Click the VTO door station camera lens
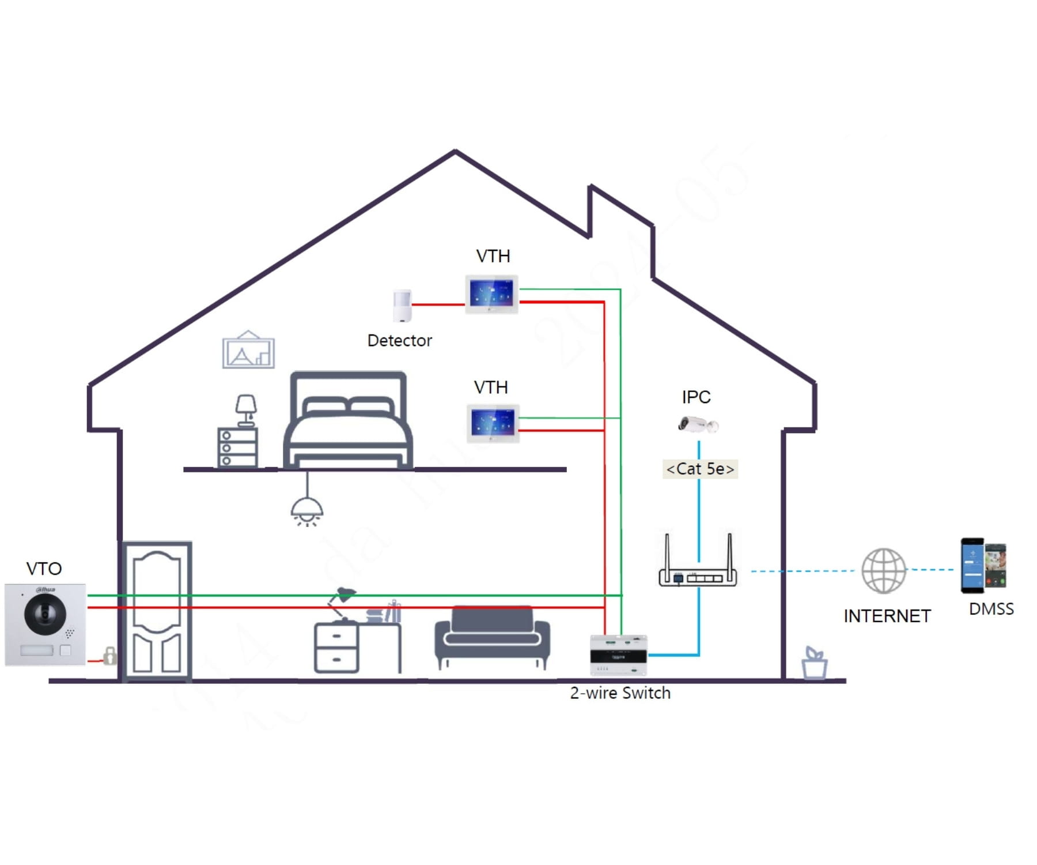[45, 614]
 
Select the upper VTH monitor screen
[491, 294]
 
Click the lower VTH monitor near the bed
[493, 423]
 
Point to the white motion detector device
[402, 306]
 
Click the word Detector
[399, 341]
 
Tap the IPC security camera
[698, 424]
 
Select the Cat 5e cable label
[700, 469]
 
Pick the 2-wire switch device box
[618, 655]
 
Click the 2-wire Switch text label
[620, 693]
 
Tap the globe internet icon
[883, 571]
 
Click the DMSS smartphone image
[983, 566]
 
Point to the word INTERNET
[887, 616]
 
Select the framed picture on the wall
[248, 351]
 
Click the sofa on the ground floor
[492, 634]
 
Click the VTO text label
[44, 569]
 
